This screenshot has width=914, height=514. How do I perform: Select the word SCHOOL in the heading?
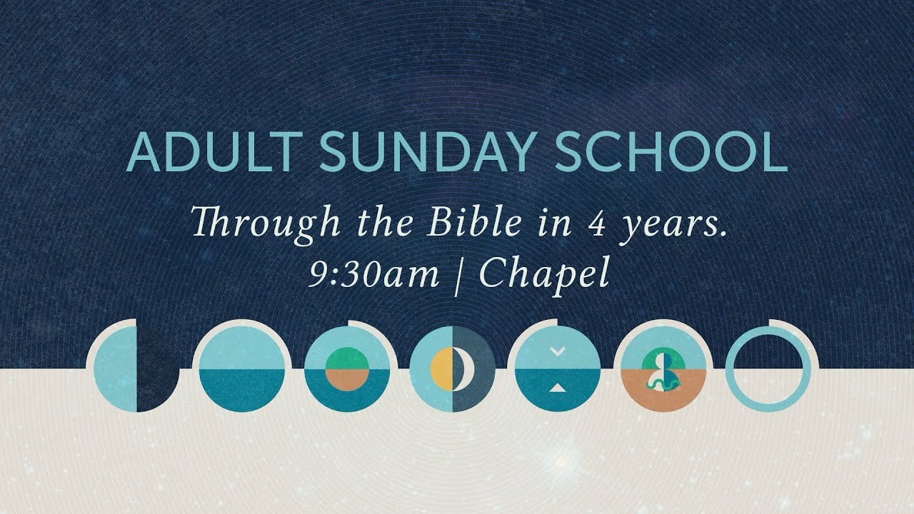(672, 153)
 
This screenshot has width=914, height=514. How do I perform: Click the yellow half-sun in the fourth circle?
(441, 369)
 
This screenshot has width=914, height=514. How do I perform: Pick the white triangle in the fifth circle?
(558, 388)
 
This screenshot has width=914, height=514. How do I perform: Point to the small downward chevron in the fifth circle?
(558, 351)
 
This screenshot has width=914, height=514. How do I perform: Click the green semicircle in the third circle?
(347, 358)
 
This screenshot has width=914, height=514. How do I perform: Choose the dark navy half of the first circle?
(155, 369)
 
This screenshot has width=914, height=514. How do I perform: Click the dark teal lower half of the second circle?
(241, 390)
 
